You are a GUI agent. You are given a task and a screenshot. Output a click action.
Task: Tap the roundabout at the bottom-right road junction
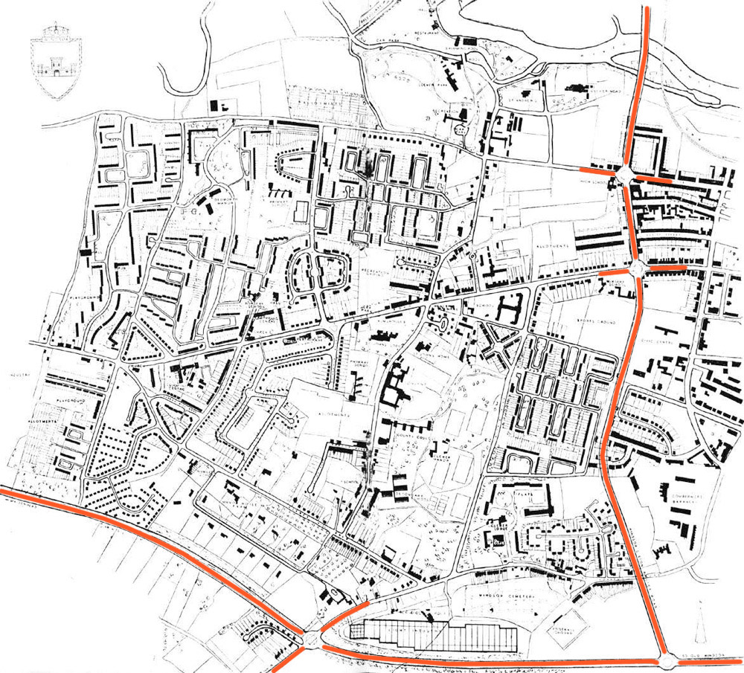pos(667,660)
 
